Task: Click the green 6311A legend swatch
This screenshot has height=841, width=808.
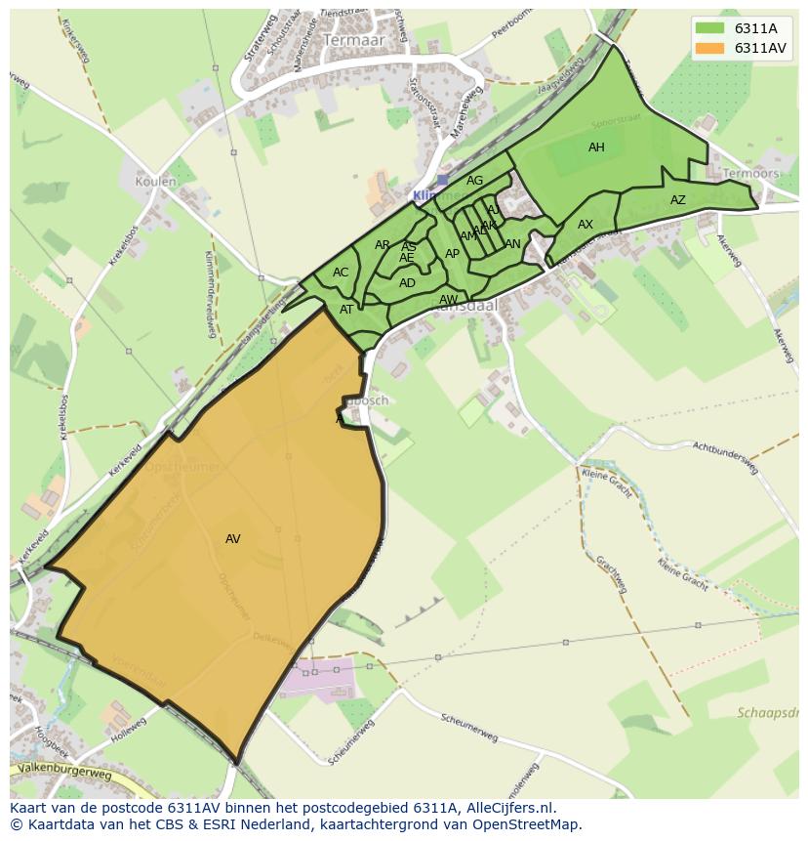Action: point(710,28)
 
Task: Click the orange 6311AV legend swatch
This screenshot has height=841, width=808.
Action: point(710,48)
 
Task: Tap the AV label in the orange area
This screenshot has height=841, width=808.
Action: point(232,539)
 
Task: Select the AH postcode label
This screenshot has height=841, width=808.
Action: point(596,147)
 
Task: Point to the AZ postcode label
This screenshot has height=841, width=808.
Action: point(678,200)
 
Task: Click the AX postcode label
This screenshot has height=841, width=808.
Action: point(586,225)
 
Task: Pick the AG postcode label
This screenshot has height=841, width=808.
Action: point(475,181)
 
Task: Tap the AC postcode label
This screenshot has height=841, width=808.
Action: point(341,273)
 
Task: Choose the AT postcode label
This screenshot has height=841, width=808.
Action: point(346,310)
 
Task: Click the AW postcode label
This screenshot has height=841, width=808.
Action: point(448,300)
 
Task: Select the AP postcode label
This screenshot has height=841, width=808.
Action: point(452,254)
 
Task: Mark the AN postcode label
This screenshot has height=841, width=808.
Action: point(513,244)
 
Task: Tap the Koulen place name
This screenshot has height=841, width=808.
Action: point(156,182)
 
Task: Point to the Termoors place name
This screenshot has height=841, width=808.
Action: point(750,174)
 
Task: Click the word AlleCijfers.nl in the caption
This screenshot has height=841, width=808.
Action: point(508,808)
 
